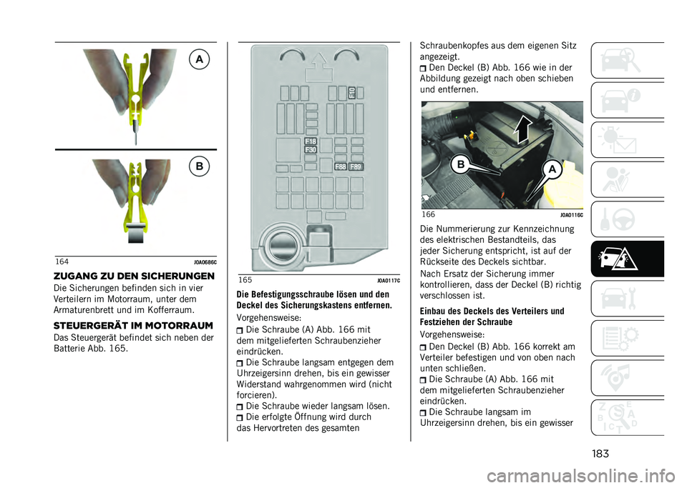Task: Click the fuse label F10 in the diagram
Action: [x=351, y=93]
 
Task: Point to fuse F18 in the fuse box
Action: [x=311, y=141]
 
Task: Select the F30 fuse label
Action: [x=311, y=151]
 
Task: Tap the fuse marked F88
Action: [x=341, y=166]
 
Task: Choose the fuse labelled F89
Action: [x=356, y=166]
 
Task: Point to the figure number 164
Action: [x=62, y=262]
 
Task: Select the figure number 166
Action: [x=429, y=214]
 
